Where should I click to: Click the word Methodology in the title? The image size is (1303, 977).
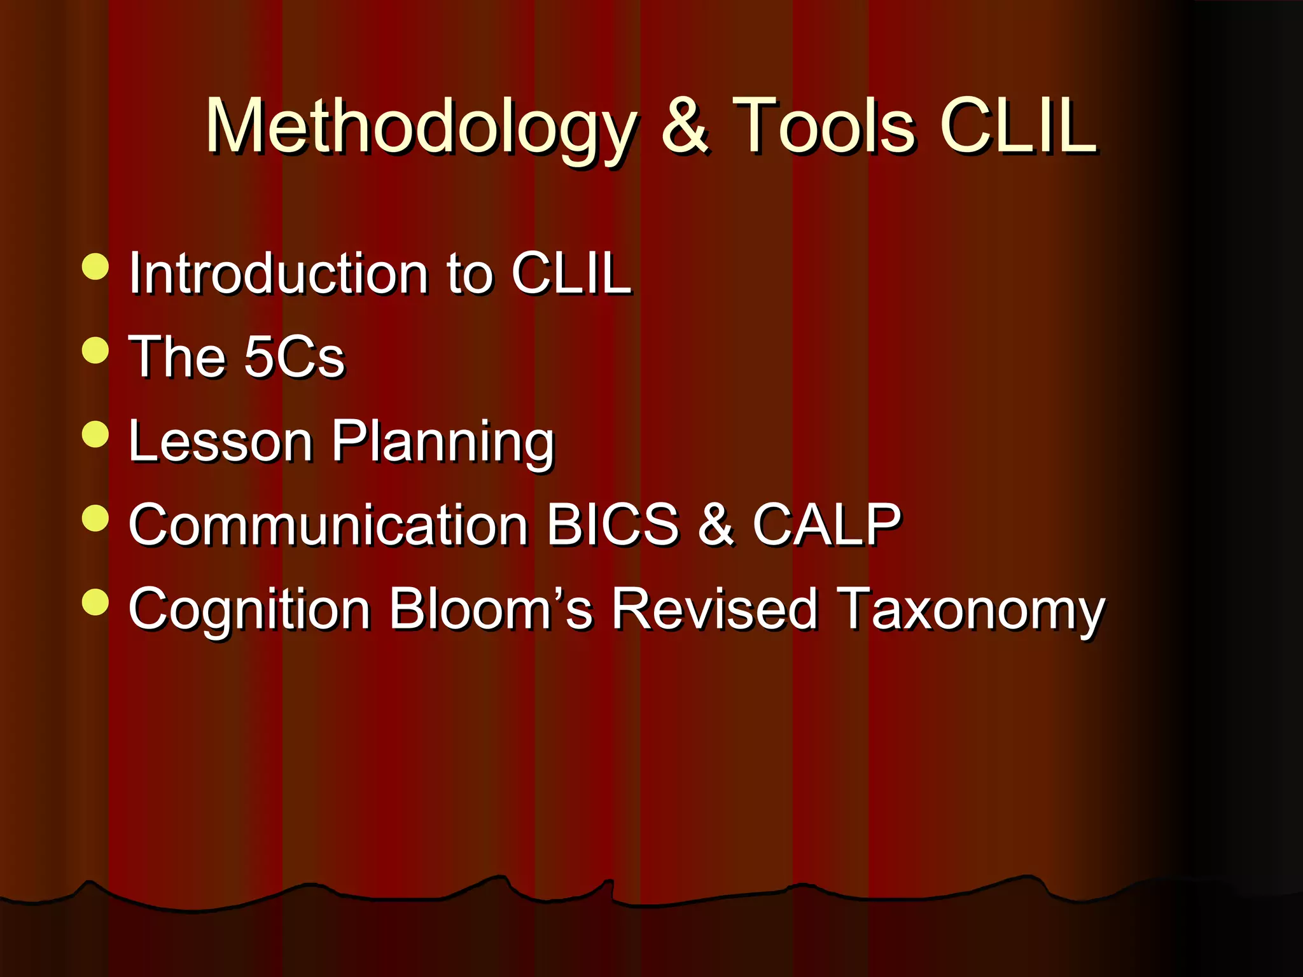point(420,127)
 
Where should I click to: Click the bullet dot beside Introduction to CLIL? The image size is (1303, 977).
point(95,267)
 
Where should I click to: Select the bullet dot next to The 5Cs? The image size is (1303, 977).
point(95,350)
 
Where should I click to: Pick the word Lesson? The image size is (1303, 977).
point(220,441)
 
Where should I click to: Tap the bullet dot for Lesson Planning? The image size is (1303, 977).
point(95,434)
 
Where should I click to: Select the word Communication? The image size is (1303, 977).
point(328,525)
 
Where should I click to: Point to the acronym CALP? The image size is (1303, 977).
point(826,525)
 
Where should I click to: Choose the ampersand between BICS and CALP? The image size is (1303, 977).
point(716,525)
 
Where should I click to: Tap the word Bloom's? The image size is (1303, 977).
point(491,609)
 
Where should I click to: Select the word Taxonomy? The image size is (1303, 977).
point(971,609)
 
